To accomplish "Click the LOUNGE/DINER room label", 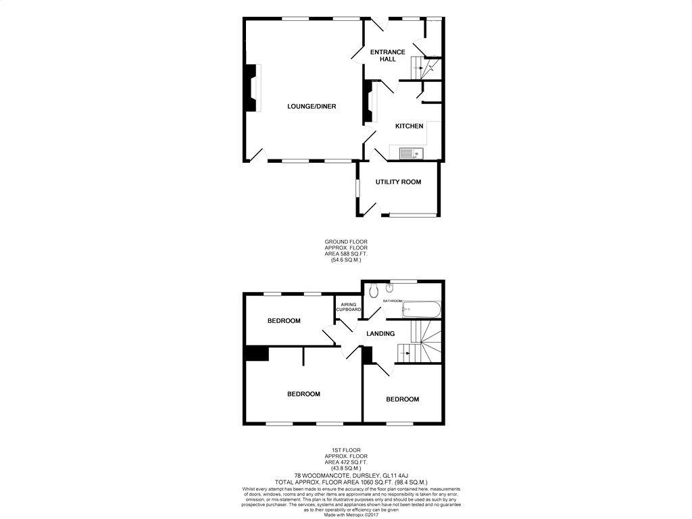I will (x=312, y=106).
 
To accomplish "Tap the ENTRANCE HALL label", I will (x=387, y=55).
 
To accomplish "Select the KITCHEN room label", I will (x=409, y=126).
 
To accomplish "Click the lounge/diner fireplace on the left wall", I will (x=253, y=88).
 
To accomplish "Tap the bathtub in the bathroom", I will (x=421, y=311).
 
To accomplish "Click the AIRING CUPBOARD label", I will (x=349, y=307).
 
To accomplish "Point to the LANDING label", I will (x=380, y=334).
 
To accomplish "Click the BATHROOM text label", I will (x=393, y=301).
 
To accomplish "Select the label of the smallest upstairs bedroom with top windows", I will (x=284, y=321).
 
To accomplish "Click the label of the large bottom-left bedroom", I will (x=303, y=394).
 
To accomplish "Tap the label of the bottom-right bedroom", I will (x=402, y=399).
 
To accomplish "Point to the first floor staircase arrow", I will (x=407, y=352).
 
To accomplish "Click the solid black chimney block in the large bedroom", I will (x=256, y=353).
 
